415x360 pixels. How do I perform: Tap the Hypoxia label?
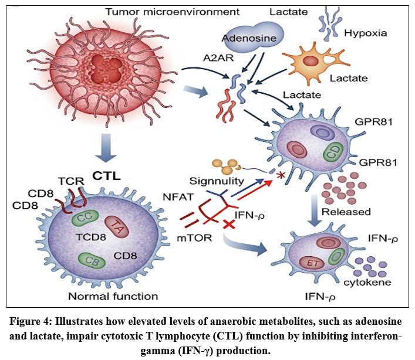[382, 33]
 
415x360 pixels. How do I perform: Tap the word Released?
[351, 212]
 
